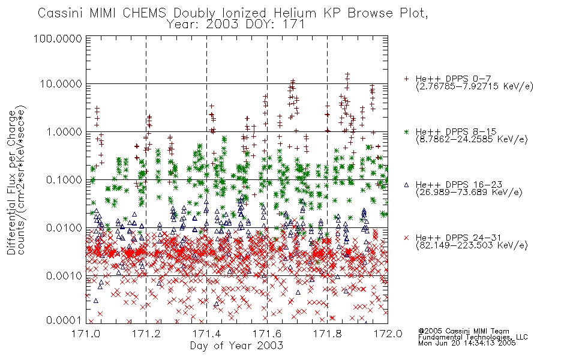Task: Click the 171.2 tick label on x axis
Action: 146,334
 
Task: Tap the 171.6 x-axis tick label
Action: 267,334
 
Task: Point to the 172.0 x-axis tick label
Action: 388,334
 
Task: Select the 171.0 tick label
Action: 86,334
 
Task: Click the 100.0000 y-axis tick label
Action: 58,38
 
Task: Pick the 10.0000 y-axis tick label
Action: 61,84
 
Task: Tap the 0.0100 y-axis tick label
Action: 64,228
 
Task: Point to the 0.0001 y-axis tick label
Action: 64,320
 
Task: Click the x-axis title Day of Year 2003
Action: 236,346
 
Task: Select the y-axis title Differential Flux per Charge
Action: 11,182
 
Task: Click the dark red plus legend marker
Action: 406,79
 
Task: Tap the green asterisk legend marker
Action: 406,131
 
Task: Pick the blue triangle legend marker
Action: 406,185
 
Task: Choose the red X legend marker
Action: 406,238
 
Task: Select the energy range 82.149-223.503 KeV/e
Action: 472,245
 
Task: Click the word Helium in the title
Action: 295,13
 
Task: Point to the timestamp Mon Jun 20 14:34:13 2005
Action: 467,343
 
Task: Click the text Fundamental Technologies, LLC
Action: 473,337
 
